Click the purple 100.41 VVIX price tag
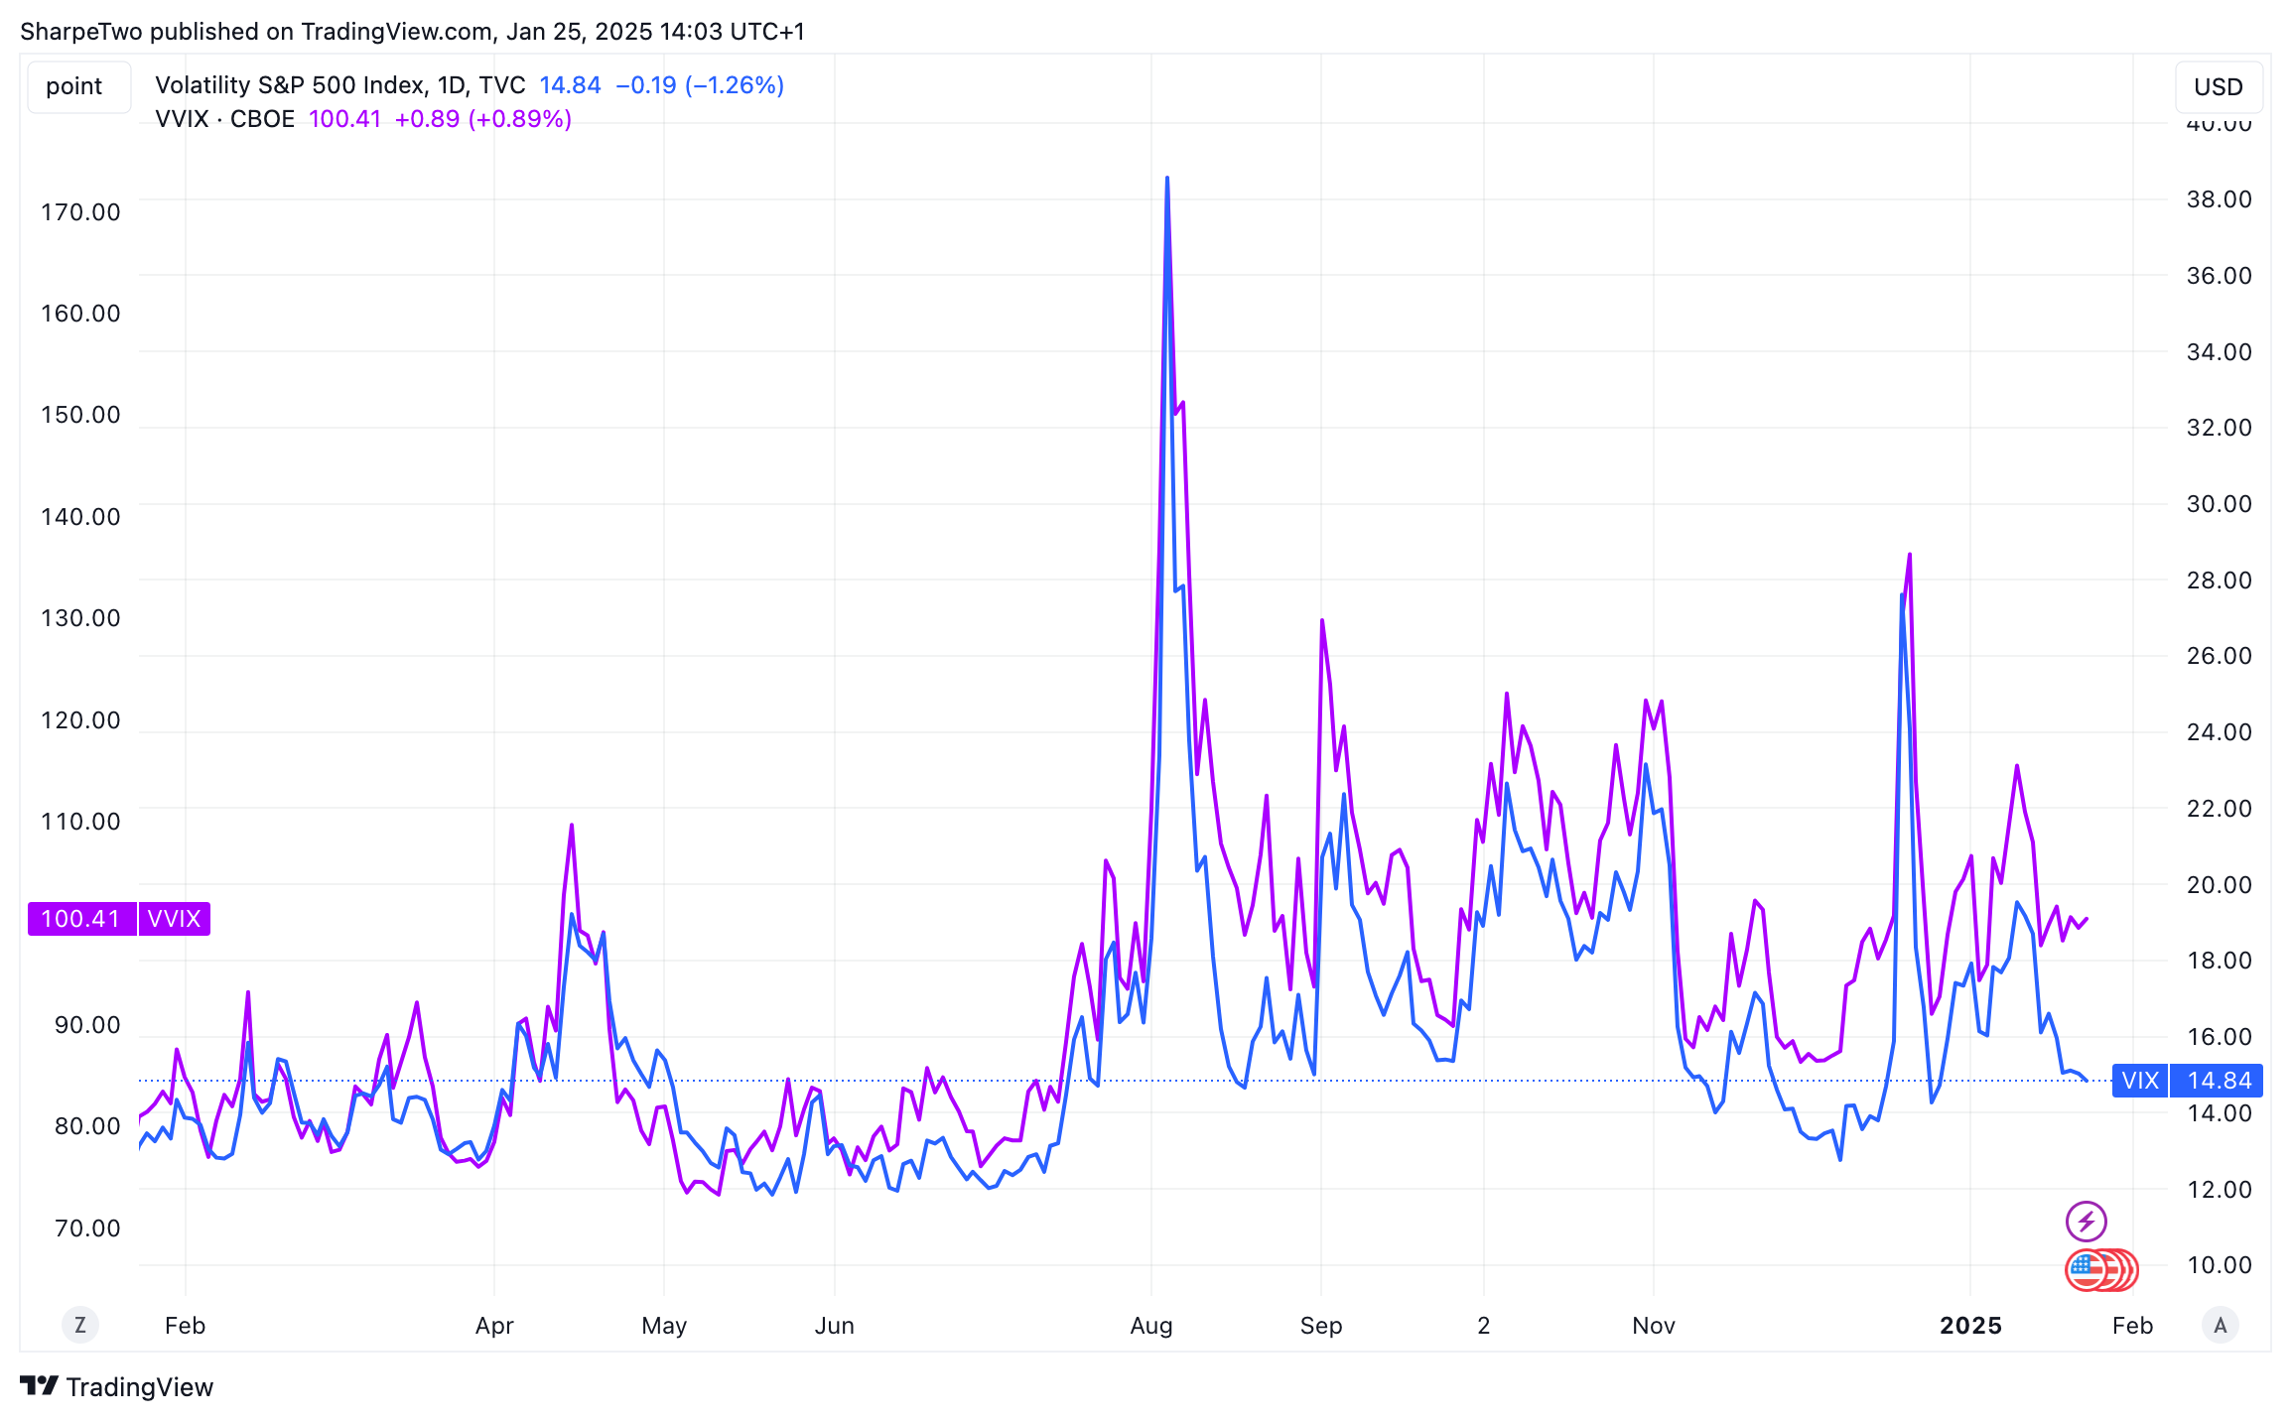[x=118, y=919]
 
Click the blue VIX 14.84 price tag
[x=2187, y=1081]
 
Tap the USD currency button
[x=2218, y=87]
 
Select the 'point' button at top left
[x=74, y=87]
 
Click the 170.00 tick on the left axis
[x=80, y=212]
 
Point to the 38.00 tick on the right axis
[x=2219, y=199]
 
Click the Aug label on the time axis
[x=1150, y=1326]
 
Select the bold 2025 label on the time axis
[x=1970, y=1326]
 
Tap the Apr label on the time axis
[x=494, y=1326]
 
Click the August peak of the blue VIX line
[x=1167, y=179]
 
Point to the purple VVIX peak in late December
[x=1910, y=555]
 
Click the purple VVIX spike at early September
[x=1322, y=620]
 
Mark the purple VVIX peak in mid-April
[x=572, y=825]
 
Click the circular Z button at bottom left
[x=80, y=1325]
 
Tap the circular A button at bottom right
[x=2221, y=1325]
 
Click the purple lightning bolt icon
[x=2086, y=1222]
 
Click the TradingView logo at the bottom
[x=117, y=1386]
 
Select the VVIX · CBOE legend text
[x=225, y=120]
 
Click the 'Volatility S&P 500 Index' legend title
[x=290, y=85]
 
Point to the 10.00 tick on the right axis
[x=2219, y=1265]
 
